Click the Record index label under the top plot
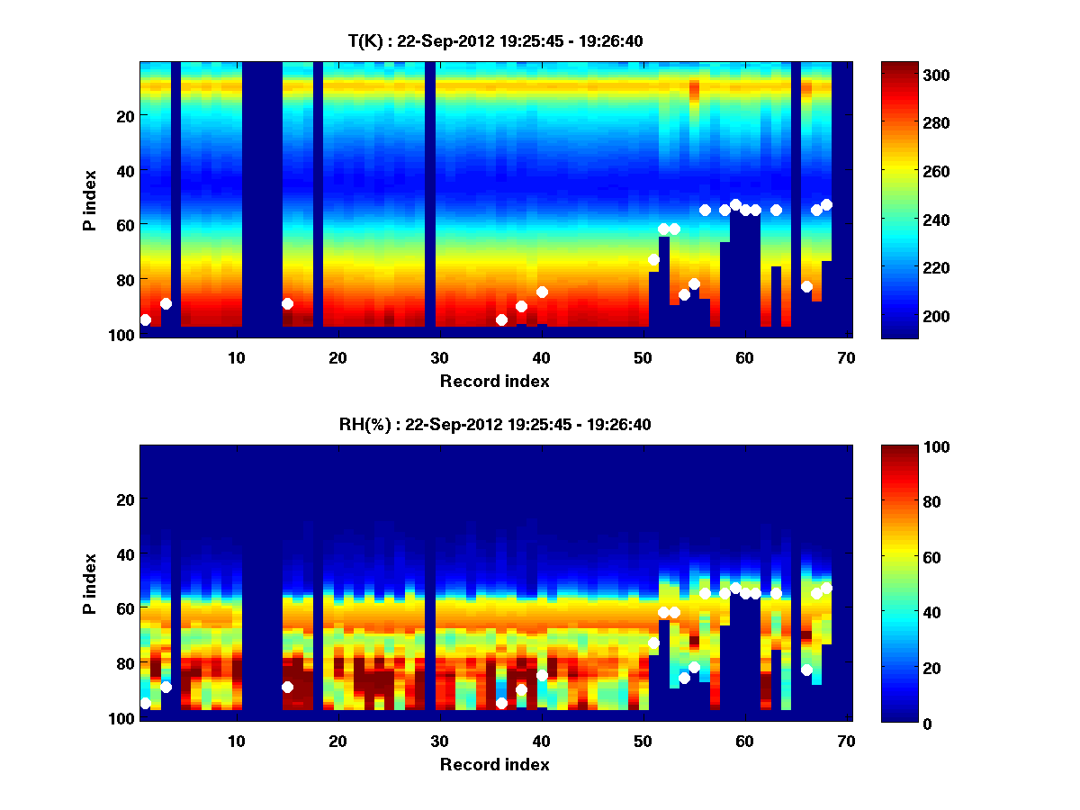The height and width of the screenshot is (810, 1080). click(x=494, y=381)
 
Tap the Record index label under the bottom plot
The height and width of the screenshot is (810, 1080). click(x=494, y=764)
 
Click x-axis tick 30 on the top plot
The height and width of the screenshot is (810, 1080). click(x=439, y=356)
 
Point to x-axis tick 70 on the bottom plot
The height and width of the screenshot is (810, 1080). click(x=846, y=741)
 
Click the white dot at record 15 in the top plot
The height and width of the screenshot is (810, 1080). click(x=287, y=304)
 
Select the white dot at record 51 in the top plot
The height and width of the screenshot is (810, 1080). click(x=653, y=259)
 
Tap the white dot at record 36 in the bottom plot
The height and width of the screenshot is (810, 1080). click(x=501, y=703)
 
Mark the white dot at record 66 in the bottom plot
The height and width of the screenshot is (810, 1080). click(x=806, y=670)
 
